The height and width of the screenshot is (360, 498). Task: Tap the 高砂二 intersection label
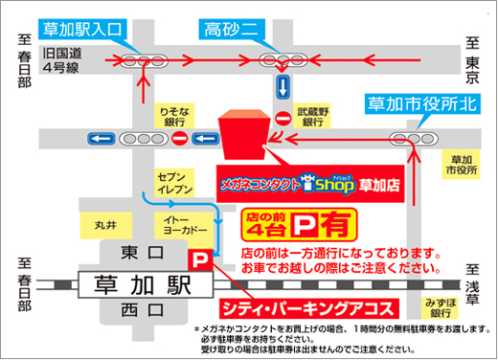230,30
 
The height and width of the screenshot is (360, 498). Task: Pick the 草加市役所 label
463,165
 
